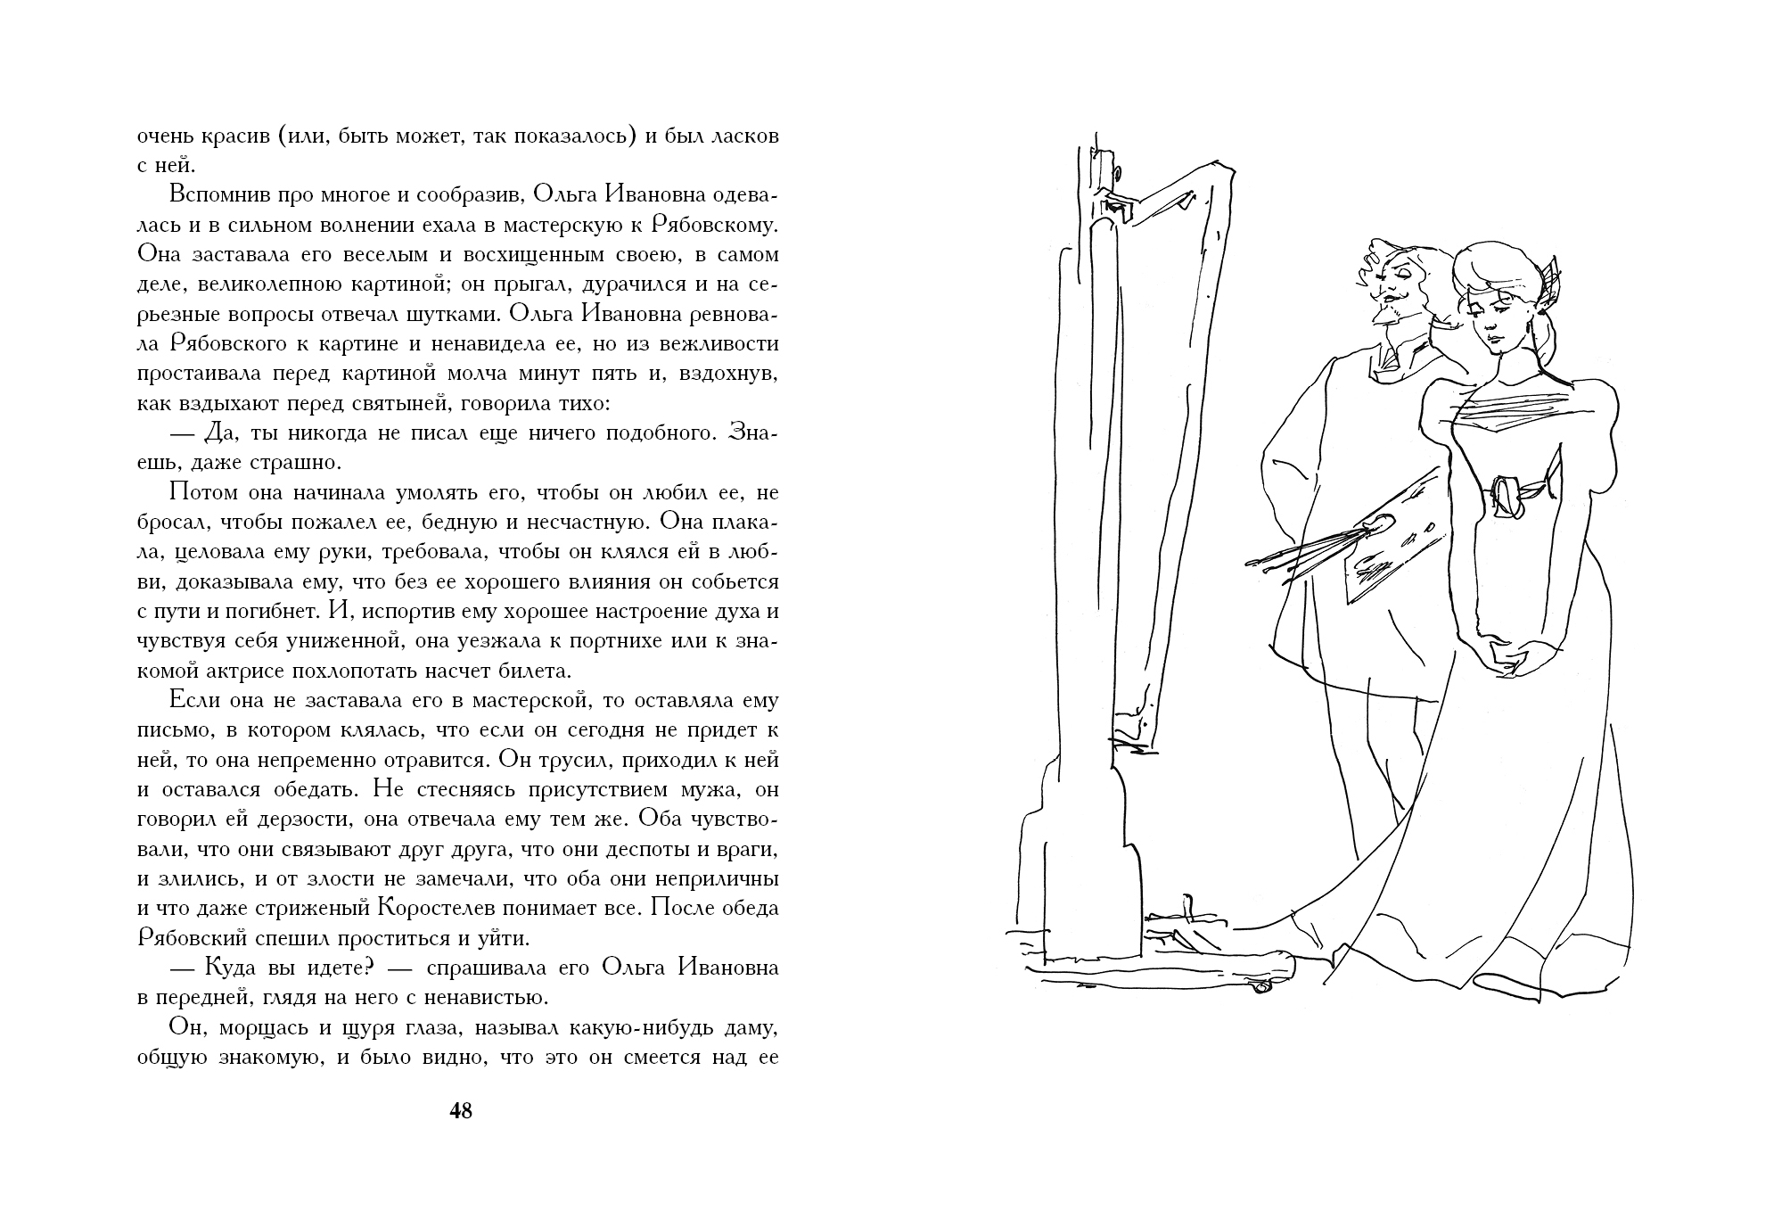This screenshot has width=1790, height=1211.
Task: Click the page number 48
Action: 461,1111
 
